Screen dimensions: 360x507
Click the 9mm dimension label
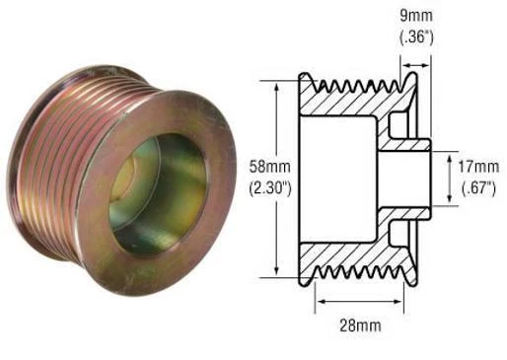412,16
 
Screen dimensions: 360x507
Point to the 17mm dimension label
480,165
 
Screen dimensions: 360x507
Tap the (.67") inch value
480,183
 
